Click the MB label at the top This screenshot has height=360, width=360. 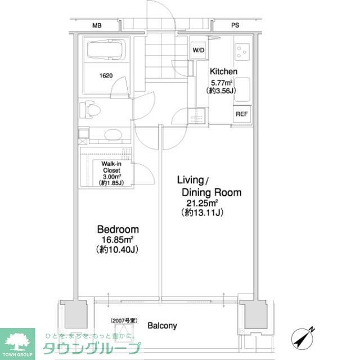(x=97, y=26)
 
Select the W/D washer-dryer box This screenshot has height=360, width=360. (x=199, y=49)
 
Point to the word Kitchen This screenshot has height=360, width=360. (x=223, y=72)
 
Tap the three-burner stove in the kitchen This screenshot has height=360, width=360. (x=242, y=52)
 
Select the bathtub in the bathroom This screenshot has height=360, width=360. (x=107, y=52)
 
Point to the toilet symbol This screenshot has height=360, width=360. (x=90, y=109)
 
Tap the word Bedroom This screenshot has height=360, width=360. (x=118, y=229)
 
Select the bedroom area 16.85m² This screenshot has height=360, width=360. (x=118, y=240)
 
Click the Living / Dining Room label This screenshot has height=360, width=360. (x=209, y=186)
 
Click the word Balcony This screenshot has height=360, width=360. (x=162, y=325)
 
